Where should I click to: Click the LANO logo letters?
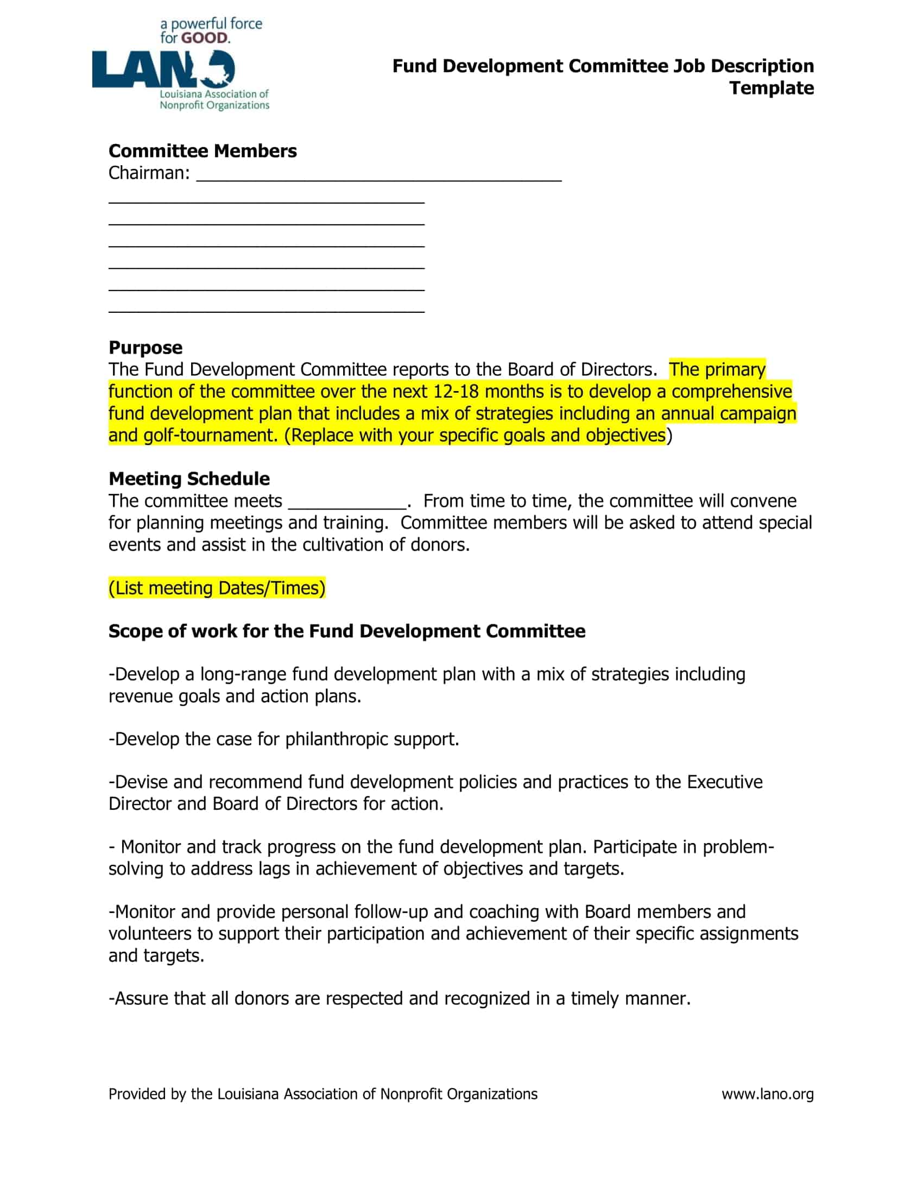click(x=159, y=70)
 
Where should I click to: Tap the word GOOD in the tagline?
click(x=205, y=39)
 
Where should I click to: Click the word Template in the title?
click(x=771, y=88)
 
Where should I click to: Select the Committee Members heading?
click(x=203, y=151)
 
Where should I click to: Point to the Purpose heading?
click(x=146, y=348)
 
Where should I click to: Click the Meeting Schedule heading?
click(x=189, y=479)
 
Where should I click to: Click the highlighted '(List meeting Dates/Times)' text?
click(x=217, y=588)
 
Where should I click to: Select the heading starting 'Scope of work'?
click(x=347, y=631)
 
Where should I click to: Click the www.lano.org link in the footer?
click(x=767, y=1095)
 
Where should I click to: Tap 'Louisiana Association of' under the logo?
click(x=214, y=94)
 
